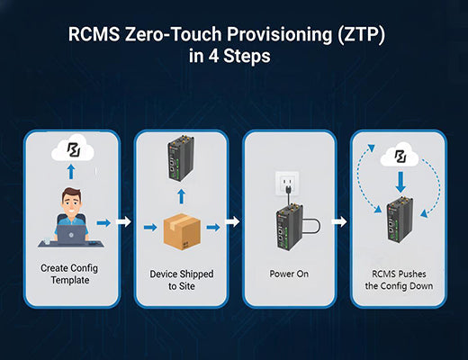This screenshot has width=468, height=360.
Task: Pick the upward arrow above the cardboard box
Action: click(180, 195)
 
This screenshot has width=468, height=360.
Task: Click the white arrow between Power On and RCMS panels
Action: click(340, 220)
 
